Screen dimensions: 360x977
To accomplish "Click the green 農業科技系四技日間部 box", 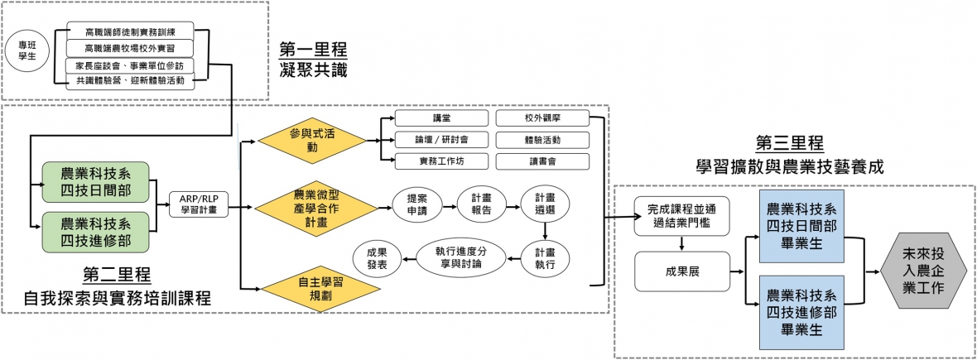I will [x=95, y=181].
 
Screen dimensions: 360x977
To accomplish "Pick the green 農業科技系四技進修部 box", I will [x=95, y=231].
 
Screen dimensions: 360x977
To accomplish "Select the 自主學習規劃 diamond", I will [x=310, y=288].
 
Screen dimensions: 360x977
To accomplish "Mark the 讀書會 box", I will [x=541, y=161].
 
